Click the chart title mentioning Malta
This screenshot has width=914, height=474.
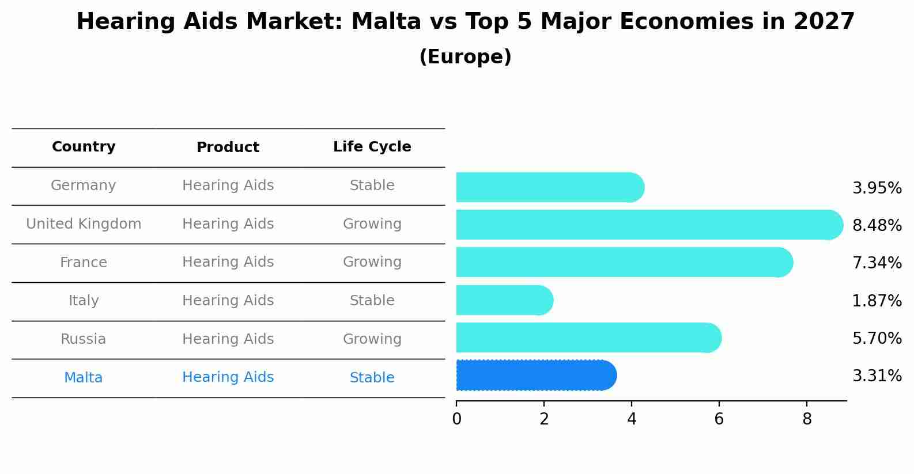point(465,22)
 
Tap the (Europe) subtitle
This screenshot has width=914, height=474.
point(465,57)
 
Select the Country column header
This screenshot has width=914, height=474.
point(84,147)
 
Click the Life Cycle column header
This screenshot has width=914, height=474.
point(372,147)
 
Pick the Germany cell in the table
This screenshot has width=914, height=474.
point(84,185)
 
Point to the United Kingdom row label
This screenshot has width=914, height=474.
point(84,224)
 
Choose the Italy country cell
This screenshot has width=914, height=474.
point(84,301)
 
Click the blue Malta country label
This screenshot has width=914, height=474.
point(84,378)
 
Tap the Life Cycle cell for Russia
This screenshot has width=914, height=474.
point(372,339)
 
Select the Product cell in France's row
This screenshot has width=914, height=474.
point(228,262)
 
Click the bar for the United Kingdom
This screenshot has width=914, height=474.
point(645,225)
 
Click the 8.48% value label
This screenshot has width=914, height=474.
point(877,225)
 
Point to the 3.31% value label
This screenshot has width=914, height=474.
point(877,376)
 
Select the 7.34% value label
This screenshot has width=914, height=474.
point(877,263)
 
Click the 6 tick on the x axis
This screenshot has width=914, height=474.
point(719,419)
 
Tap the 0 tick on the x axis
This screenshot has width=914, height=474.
point(457,419)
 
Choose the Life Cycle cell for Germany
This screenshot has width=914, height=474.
point(372,185)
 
